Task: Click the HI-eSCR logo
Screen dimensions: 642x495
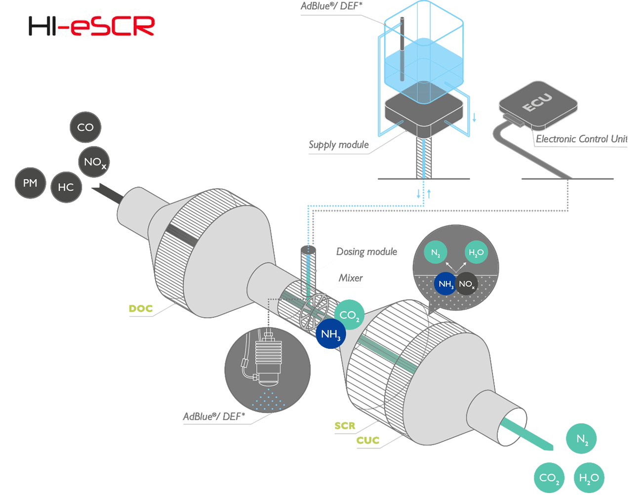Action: pos(91,26)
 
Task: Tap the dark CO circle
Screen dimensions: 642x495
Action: pos(85,127)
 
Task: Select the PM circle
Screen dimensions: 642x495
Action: pos(31,183)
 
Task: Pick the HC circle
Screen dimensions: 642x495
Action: pos(66,187)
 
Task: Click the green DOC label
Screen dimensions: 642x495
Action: pos(141,309)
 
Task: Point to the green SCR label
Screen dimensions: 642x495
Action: pos(345,425)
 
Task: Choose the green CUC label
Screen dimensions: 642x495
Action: pos(368,440)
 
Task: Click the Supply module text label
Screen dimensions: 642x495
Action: pos(339,145)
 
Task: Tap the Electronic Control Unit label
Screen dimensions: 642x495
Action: pos(581,139)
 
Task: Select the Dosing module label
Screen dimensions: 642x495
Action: pos(366,251)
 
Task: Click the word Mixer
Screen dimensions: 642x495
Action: pos(351,278)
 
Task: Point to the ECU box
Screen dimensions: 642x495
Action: pos(538,104)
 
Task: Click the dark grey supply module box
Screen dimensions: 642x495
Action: pos(424,114)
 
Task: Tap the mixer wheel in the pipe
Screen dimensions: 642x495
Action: pos(314,312)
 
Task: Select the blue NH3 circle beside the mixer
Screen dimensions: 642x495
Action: pos(330,333)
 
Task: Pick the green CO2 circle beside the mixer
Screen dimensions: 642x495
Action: pos(349,315)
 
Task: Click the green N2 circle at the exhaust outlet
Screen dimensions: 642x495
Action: pos(581,439)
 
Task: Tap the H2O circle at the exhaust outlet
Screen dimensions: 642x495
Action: pos(589,478)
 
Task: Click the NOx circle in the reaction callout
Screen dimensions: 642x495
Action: pos(467,284)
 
